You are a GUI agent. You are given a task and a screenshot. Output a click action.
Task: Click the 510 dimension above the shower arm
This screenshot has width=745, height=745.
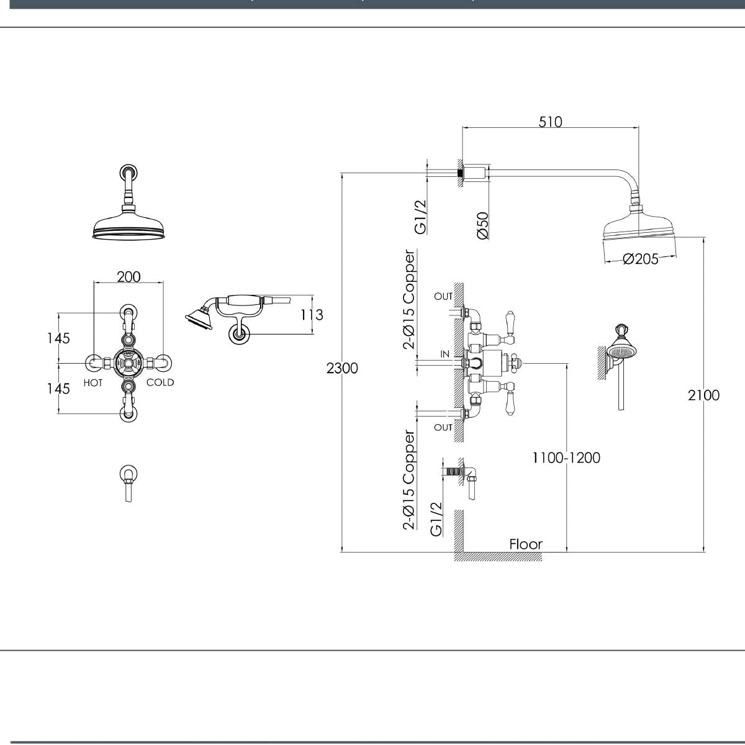point(550,122)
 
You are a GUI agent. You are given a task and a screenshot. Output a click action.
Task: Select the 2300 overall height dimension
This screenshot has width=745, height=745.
point(342,368)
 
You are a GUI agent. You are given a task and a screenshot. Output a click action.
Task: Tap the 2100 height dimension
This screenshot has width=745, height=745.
point(703,395)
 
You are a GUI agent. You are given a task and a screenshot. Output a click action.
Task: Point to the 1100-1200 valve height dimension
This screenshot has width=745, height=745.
point(566,458)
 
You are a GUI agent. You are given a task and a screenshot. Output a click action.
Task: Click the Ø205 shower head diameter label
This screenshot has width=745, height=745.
point(640,259)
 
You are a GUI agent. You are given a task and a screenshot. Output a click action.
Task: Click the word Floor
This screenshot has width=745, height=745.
point(526,544)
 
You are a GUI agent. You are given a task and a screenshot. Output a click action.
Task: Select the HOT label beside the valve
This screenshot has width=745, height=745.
point(93,383)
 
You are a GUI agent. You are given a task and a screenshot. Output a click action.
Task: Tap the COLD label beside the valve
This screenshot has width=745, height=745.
point(160,382)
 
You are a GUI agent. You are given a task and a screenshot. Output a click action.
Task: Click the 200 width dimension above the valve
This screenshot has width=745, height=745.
point(129,276)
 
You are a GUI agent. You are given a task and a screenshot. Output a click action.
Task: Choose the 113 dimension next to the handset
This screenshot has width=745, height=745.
point(312,315)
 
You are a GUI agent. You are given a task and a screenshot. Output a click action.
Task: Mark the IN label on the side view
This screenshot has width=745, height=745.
point(445,354)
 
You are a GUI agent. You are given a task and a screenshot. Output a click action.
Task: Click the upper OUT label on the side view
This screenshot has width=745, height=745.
point(443,297)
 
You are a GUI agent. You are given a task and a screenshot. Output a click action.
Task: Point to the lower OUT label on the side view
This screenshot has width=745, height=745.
point(443,427)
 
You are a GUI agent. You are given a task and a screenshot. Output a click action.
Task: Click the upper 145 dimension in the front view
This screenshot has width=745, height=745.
point(58,338)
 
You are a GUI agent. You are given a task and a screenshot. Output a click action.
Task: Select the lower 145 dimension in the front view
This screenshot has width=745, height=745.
point(58,388)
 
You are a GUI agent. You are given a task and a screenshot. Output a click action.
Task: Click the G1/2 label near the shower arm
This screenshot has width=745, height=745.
point(420,217)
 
